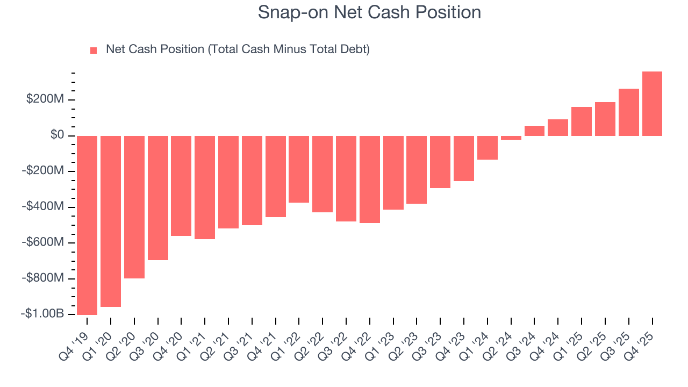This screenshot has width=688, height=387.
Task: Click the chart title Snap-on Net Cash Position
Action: coord(369,12)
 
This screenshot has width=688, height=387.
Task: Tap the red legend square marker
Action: coord(94,50)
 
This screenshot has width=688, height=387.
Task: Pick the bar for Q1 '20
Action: coord(111,221)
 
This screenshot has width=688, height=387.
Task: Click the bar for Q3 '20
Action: coord(158,198)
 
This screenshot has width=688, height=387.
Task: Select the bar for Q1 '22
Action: coord(299,169)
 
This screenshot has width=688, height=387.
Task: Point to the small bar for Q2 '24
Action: coord(511,138)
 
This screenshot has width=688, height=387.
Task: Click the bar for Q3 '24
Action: coord(534,131)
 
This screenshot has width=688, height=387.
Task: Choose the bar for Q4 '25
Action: coord(652,103)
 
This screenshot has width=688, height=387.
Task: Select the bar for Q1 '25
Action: coord(582,121)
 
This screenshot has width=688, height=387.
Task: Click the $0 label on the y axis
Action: coord(58,135)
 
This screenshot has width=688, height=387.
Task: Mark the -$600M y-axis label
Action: coord(45,242)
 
